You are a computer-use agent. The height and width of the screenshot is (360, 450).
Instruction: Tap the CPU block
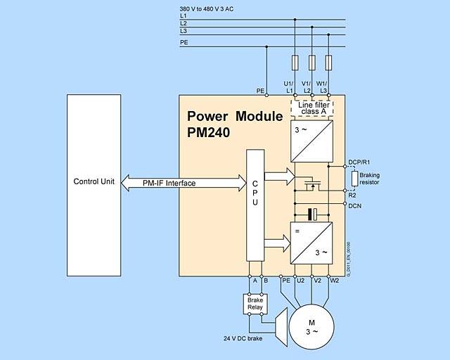click(x=255, y=210)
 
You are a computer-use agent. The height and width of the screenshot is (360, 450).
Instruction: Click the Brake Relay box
click(x=254, y=304)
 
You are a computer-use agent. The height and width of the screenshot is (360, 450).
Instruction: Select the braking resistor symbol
click(x=356, y=179)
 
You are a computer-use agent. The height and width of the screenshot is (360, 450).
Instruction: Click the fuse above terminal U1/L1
click(x=294, y=63)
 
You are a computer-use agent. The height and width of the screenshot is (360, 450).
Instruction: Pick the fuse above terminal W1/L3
click(x=328, y=63)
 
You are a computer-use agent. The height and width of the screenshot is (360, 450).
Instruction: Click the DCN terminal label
click(x=355, y=205)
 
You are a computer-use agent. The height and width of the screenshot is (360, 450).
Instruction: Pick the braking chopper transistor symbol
click(x=310, y=185)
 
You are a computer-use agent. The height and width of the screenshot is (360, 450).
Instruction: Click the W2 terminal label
click(x=335, y=281)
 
